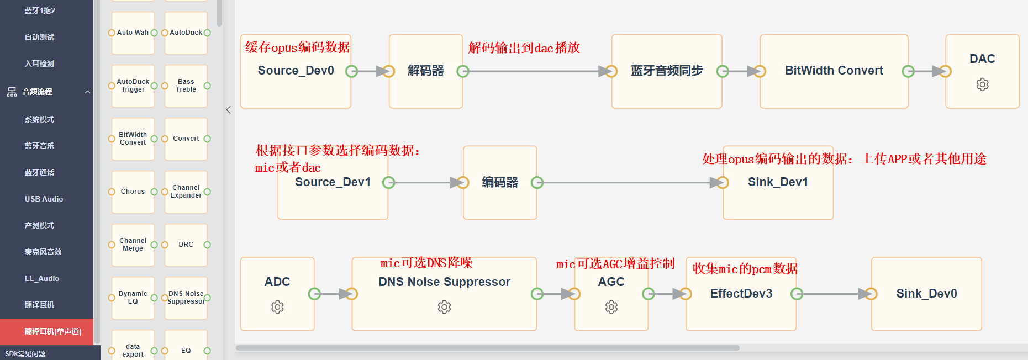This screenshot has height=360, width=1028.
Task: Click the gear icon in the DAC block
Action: [x=982, y=84]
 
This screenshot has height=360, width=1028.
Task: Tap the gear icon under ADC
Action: [x=277, y=307]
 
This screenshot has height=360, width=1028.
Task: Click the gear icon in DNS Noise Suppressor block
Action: [x=444, y=307]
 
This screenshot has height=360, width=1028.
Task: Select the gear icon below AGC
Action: [x=611, y=307]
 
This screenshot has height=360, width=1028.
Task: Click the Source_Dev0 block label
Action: [x=296, y=71]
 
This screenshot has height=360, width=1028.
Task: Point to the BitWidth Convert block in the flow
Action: [x=834, y=71]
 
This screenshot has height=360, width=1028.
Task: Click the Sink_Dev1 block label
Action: [x=778, y=182]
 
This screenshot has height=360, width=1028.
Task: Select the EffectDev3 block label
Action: [x=741, y=294]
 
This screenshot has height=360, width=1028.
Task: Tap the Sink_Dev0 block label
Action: [x=926, y=294]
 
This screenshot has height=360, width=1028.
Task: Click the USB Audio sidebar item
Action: [x=44, y=199]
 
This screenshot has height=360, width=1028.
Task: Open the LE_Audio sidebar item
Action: [x=42, y=278]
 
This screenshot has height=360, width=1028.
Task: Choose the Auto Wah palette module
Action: [x=133, y=33]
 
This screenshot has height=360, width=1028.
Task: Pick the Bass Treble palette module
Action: [x=186, y=86]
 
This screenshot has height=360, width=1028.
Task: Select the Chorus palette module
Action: [x=133, y=192]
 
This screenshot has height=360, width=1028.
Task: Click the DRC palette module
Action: [x=186, y=245]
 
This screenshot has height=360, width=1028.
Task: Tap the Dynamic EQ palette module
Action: [x=133, y=298]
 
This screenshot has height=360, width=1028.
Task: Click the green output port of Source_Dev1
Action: [x=389, y=182]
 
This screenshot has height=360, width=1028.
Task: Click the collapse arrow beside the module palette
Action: [x=229, y=110]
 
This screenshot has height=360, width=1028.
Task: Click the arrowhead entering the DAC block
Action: [x=939, y=71]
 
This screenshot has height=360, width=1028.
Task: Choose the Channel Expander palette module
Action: [x=186, y=192]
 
